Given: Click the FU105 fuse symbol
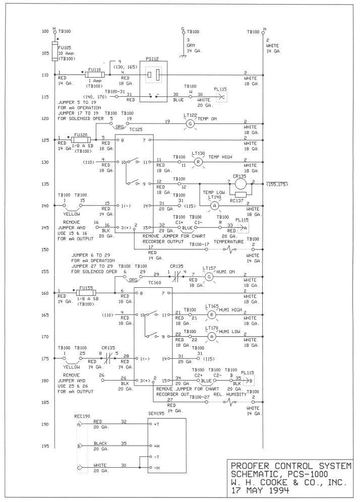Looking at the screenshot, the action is click(x=55, y=51).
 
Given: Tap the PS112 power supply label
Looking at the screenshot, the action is click(x=152, y=59).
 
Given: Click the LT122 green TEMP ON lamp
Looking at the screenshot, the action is click(x=190, y=123).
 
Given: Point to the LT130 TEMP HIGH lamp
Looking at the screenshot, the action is click(x=198, y=162).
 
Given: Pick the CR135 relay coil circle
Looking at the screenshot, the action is click(x=241, y=184).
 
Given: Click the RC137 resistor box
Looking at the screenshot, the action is click(x=241, y=195).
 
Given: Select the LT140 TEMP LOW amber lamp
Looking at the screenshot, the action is click(x=215, y=206).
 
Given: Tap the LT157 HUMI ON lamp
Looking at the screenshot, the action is click(x=209, y=277).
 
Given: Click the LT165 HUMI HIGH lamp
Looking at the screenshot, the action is click(x=211, y=315).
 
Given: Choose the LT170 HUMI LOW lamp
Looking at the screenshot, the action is click(x=211, y=337).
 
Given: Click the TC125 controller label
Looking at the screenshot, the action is click(x=136, y=130).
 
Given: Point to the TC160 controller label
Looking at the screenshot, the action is click(x=155, y=282).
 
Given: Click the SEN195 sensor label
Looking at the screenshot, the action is click(x=156, y=414).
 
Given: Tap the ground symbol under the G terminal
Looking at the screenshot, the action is click(x=183, y=56).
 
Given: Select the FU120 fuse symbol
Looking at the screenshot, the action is click(x=81, y=140).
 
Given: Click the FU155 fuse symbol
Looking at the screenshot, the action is click(x=86, y=293).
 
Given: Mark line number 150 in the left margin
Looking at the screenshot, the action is click(x=45, y=249).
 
